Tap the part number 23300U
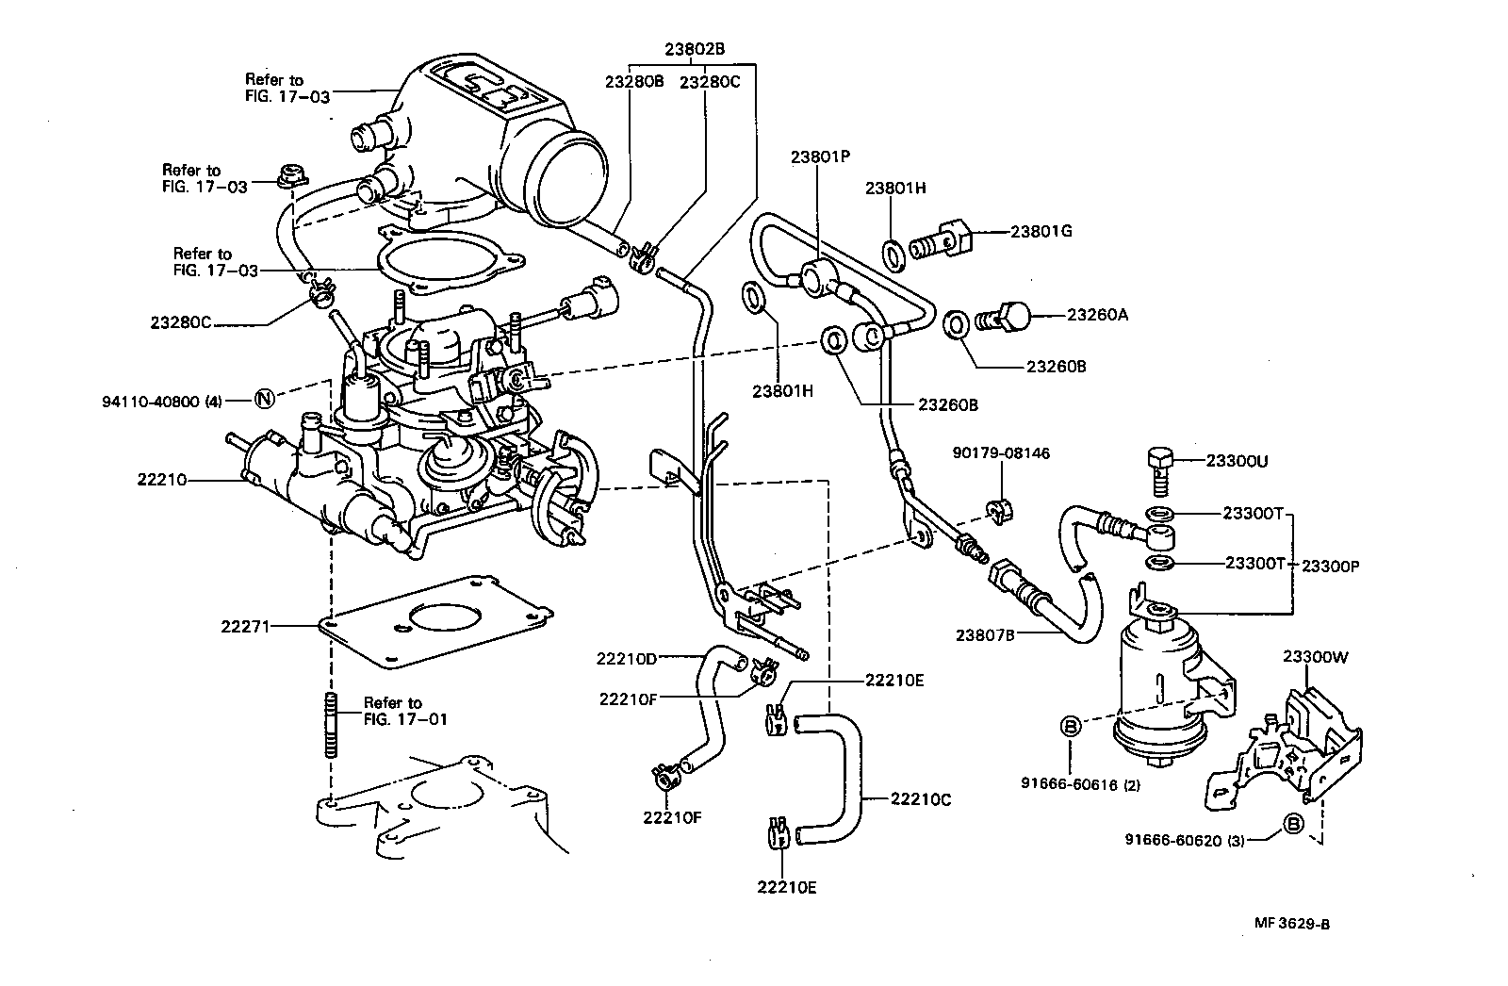(x=1237, y=461)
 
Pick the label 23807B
(x=984, y=635)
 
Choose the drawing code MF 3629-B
(x=1287, y=924)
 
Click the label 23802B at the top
(x=694, y=50)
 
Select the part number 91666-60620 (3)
(x=1184, y=838)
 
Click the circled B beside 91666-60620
(x=1294, y=826)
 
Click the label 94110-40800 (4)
(x=162, y=401)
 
